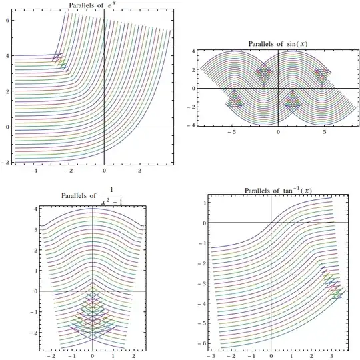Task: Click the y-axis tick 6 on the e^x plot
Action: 7,21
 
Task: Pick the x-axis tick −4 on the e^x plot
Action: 33,171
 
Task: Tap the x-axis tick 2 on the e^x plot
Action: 140,171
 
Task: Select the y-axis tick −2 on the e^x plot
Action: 6,162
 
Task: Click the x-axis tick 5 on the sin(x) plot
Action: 325,133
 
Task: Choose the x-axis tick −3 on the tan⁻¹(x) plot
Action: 210,357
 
